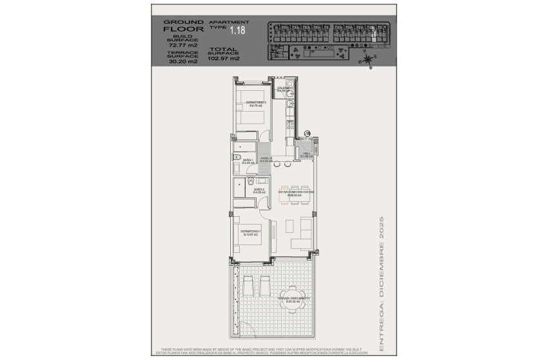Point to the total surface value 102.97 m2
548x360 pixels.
tap(224, 58)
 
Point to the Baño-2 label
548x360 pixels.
tap(259, 190)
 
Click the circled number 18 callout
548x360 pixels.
tap(307, 133)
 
